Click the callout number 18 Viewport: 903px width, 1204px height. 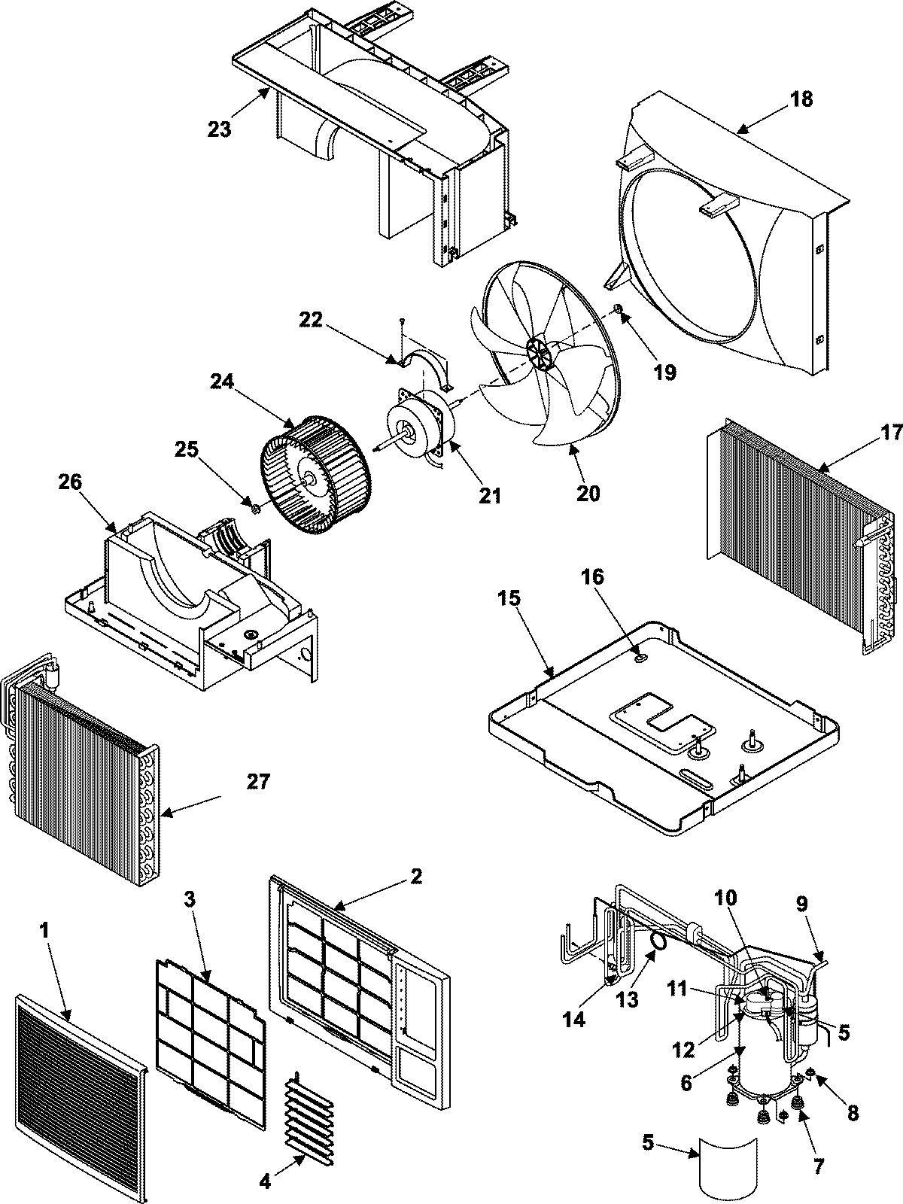click(802, 99)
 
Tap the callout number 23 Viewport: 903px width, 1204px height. click(219, 129)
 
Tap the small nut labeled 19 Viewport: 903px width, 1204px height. click(617, 309)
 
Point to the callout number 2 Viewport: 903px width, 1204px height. click(415, 876)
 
